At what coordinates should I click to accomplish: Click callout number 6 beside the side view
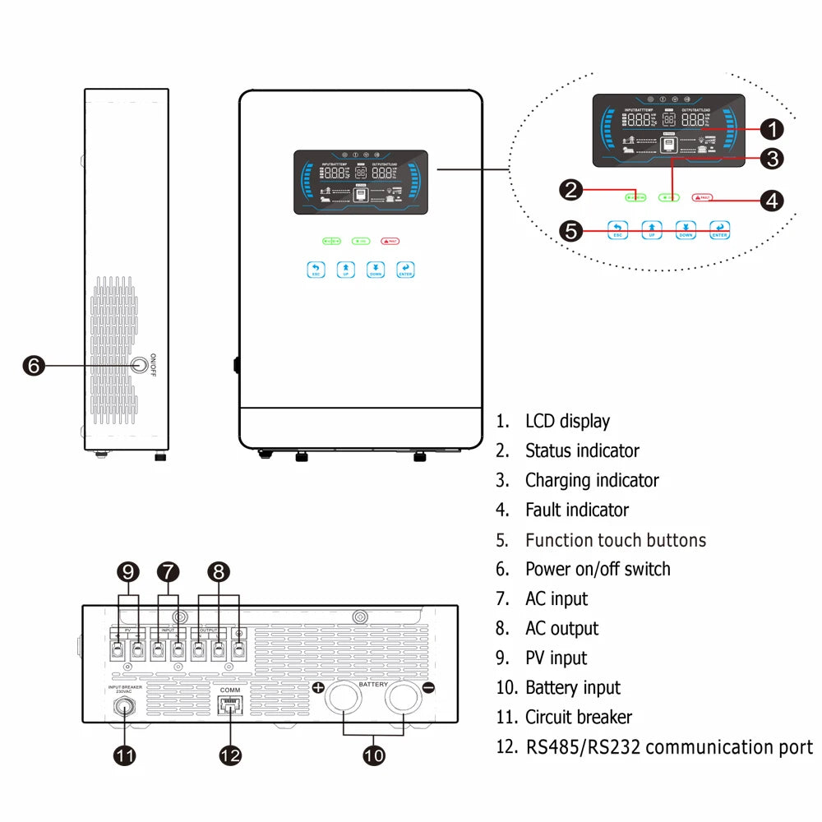point(33,365)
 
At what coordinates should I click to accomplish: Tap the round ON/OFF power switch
point(141,364)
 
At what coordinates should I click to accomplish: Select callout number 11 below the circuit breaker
point(124,755)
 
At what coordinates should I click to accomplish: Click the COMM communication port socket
point(229,704)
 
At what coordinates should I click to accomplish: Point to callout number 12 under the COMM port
point(231,755)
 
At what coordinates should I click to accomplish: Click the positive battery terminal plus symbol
point(317,687)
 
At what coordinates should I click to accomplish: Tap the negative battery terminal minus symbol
point(428,687)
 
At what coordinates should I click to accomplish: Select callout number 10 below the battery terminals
point(374,755)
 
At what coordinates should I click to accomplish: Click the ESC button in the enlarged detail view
point(617,229)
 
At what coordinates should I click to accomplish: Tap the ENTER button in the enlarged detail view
point(719,229)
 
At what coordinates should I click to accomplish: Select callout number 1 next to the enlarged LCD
point(771,129)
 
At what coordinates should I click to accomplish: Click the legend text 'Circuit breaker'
point(579,717)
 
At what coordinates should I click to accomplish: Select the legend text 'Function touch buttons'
point(615,540)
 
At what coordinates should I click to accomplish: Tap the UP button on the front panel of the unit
point(345,270)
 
